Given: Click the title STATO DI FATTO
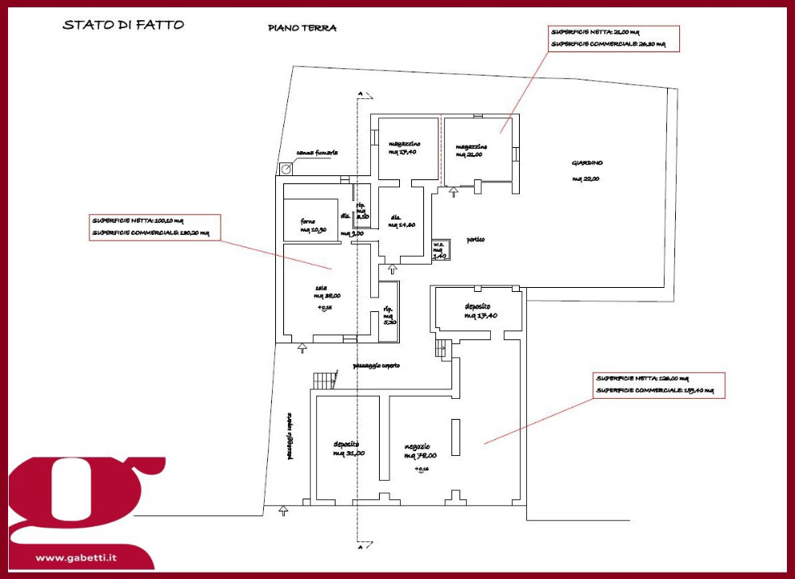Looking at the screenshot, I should (x=123, y=25).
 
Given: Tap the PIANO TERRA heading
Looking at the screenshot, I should (x=303, y=28).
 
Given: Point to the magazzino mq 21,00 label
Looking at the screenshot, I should (x=472, y=151).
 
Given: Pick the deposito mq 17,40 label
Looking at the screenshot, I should (x=480, y=311).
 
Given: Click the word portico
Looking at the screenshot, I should (x=476, y=240).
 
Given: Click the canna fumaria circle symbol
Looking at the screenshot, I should (x=286, y=169).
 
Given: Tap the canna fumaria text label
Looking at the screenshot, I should (x=317, y=152).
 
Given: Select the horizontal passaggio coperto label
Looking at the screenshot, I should (x=377, y=366).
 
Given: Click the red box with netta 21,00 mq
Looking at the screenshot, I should (x=614, y=38).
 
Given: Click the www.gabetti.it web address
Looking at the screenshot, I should (x=77, y=557).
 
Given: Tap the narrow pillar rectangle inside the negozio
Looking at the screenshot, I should (x=455, y=433).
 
